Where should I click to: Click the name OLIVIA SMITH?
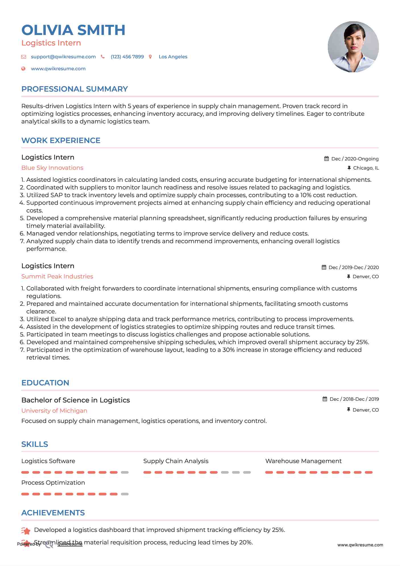(x=73, y=30)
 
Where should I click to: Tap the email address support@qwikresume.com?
(x=63, y=57)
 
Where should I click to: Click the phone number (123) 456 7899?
(x=127, y=57)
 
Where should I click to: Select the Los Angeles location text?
(x=173, y=57)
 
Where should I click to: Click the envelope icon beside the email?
(x=24, y=57)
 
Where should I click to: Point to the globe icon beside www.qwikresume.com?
(x=24, y=69)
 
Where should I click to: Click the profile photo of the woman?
(x=353, y=47)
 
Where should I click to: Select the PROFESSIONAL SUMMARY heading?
(x=74, y=89)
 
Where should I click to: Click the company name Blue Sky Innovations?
(x=52, y=168)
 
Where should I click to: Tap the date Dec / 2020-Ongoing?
(x=355, y=159)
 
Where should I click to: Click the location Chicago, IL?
(x=366, y=168)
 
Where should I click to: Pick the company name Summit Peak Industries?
(x=57, y=276)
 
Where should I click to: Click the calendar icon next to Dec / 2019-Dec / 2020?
(x=324, y=267)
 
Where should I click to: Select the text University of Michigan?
(x=54, y=411)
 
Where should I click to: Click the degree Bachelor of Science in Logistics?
(x=76, y=400)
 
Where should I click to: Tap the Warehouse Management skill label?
(x=303, y=461)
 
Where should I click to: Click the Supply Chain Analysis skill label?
(x=176, y=461)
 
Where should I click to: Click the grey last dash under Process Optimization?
(x=125, y=494)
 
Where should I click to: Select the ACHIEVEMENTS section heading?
(x=53, y=513)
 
